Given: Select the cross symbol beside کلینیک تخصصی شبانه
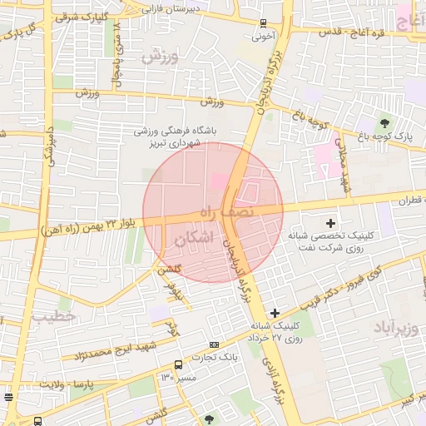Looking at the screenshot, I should click(331, 222).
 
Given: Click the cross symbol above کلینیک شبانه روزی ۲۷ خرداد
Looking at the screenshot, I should click(275, 312).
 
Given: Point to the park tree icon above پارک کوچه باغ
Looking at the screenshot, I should click(384, 122).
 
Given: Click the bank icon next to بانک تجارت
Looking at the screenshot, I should click(215, 344).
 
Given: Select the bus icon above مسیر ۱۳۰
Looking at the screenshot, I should click(178, 364).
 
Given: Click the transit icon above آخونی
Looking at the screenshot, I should click(264, 24).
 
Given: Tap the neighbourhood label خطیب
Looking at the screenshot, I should click(54, 317).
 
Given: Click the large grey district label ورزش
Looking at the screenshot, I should click(161, 57).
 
